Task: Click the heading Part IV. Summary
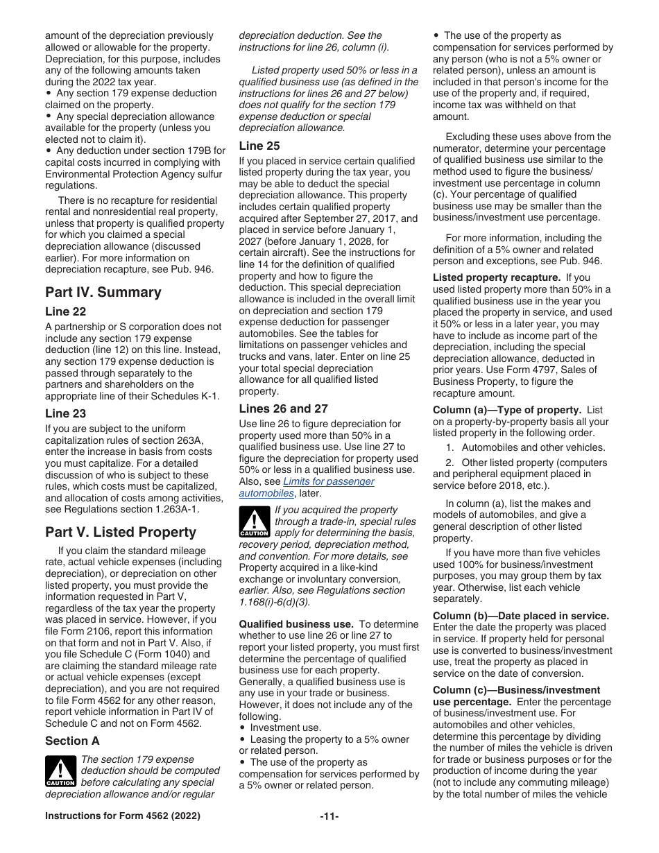(103, 293)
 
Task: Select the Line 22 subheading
(65, 312)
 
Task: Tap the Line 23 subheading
(65, 413)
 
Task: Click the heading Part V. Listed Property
(121, 533)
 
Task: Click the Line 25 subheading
(259, 146)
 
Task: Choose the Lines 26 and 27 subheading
(283, 408)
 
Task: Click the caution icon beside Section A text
(60, 772)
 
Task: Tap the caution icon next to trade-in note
(254, 522)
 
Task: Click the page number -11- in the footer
(329, 816)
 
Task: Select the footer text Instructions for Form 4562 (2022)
(123, 816)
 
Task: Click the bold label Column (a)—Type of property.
(506, 410)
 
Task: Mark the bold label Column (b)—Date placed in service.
(520, 616)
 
